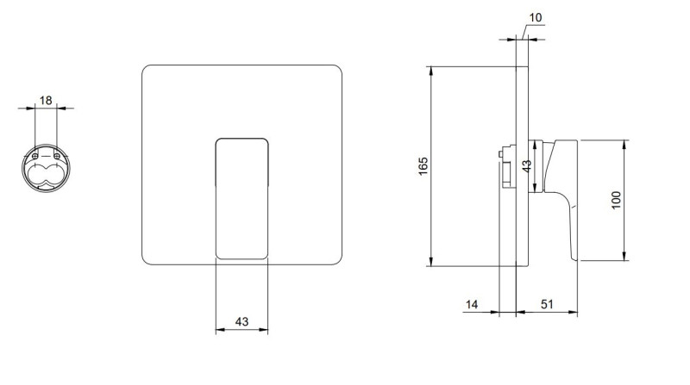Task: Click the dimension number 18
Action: coord(46,100)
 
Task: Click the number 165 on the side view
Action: coord(423,166)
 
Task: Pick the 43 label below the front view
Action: coord(241,321)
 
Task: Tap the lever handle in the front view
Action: coord(241,198)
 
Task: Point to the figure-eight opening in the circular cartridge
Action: coord(46,175)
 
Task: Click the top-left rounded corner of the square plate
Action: coord(147,71)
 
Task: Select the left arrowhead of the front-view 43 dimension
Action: coord(218,329)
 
